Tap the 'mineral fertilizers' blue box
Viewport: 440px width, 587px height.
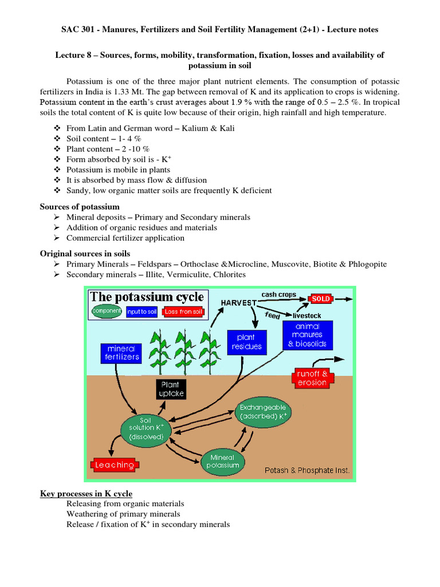click(x=121, y=353)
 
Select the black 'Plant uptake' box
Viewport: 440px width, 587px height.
click(x=170, y=389)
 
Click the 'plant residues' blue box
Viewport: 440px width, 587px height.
click(x=247, y=342)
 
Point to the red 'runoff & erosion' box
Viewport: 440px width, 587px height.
click(x=312, y=378)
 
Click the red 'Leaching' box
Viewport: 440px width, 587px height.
click(x=115, y=465)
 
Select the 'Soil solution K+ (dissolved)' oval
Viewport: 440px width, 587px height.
click(x=146, y=428)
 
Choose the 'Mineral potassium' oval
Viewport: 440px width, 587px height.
click(x=223, y=461)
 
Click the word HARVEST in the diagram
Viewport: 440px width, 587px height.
click(x=238, y=302)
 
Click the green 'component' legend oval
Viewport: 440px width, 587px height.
click(x=107, y=311)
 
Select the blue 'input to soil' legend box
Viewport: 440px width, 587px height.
click(x=141, y=311)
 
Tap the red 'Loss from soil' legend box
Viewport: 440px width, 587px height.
click(x=182, y=311)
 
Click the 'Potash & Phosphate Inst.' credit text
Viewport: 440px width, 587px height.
click(x=307, y=471)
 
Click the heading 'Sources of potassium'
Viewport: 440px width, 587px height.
click(x=80, y=206)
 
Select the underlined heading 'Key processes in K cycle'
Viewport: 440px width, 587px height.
click(x=86, y=494)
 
